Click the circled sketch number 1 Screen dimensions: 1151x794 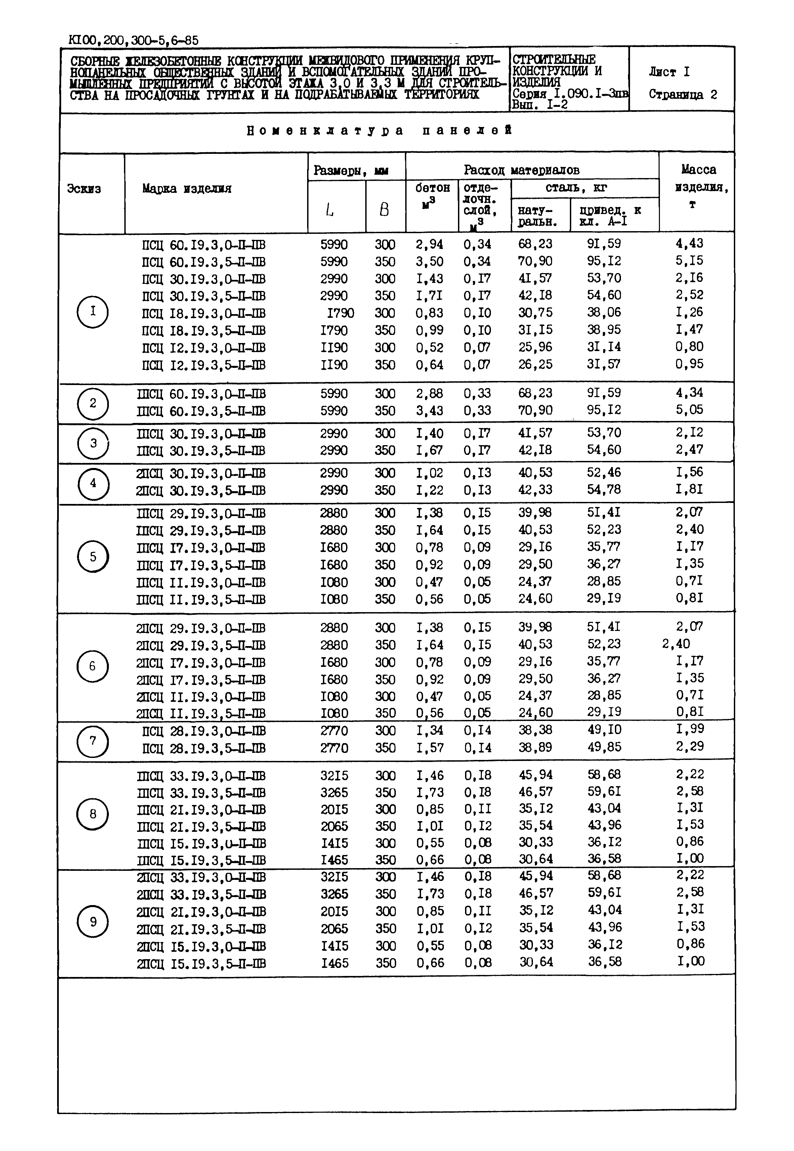[92, 312]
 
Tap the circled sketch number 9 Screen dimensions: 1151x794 [92, 922]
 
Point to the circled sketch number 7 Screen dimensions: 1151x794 [92, 741]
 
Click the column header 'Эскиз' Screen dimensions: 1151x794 [84, 189]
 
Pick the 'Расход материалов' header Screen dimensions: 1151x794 [521, 170]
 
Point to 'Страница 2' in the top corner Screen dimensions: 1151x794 [682, 94]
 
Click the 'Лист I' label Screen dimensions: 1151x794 [669, 72]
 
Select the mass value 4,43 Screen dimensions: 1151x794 [689, 244]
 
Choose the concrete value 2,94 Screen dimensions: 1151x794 [429, 244]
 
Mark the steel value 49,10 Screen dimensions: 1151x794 [604, 730]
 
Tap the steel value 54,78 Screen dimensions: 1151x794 [604, 489]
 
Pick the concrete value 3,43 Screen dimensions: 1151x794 [429, 411]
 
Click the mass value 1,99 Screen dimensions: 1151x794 [689, 729]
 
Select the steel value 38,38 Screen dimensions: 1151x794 [535, 730]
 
